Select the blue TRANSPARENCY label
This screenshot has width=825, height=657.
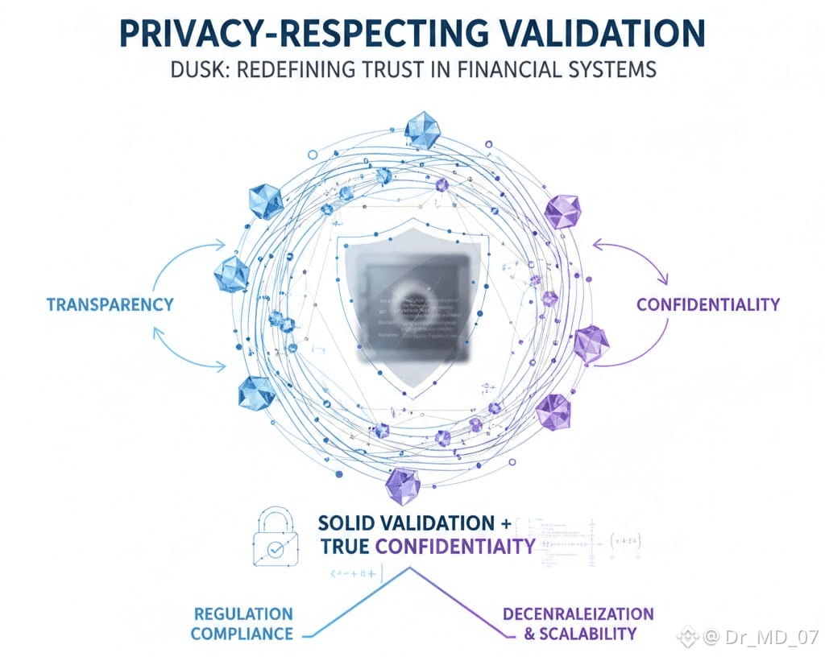pos(110,304)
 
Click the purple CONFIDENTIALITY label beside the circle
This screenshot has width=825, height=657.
pos(707,304)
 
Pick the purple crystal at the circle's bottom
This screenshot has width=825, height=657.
pos(402,485)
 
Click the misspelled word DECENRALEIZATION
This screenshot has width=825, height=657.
pos(578,614)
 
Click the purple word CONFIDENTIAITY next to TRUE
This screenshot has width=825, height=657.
pos(455,546)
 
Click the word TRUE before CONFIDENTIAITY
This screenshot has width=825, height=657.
pos(345,546)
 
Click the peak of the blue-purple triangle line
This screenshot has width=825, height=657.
pos(412,567)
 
